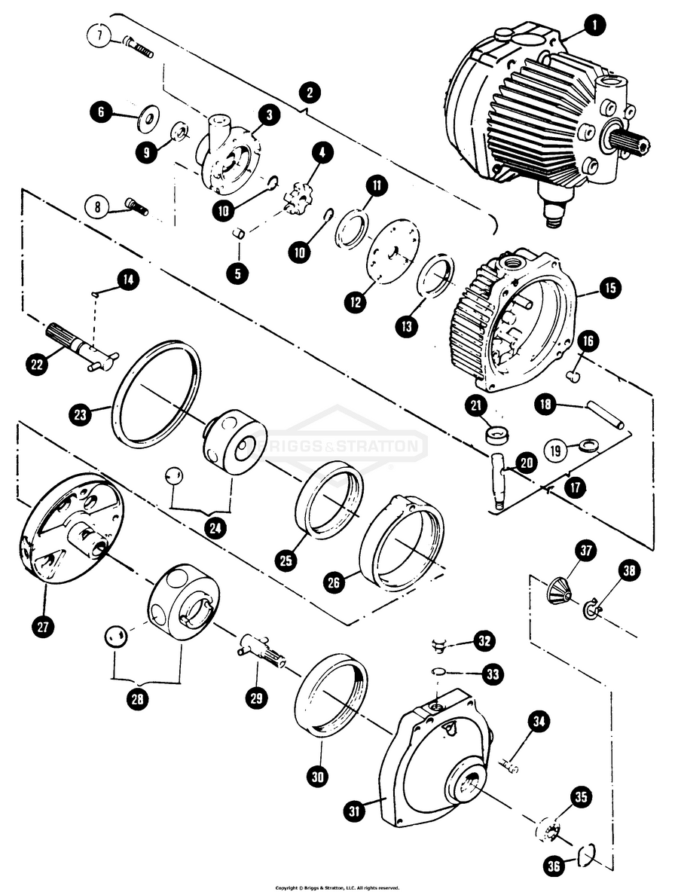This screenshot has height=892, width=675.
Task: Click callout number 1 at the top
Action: point(595,26)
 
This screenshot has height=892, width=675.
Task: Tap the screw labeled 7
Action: point(137,47)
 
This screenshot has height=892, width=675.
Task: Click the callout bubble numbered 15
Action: point(609,287)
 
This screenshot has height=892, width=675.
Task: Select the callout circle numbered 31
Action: point(355,811)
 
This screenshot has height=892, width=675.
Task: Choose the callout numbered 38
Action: point(631,573)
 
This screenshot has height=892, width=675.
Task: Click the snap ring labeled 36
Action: point(587,853)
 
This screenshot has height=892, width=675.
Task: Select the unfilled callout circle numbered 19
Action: point(557,451)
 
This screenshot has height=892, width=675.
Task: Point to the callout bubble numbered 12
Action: point(355,302)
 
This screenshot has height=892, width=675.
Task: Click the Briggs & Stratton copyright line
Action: point(337,887)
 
